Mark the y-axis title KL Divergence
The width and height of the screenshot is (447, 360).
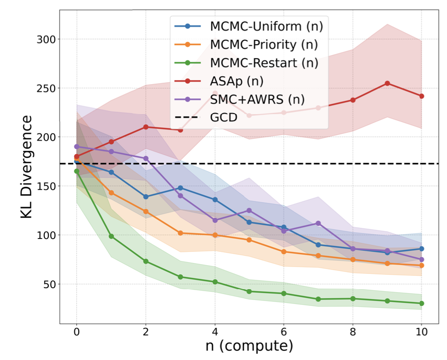[x=27, y=167]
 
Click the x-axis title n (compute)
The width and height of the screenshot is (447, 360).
[x=249, y=346]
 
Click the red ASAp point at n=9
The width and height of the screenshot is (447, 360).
[x=387, y=83]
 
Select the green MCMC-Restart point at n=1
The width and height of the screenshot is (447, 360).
[x=111, y=236]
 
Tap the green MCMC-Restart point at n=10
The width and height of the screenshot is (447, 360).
[x=421, y=303]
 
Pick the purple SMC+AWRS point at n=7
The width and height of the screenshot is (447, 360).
[x=318, y=223]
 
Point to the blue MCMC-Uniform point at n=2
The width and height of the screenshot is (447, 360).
[x=146, y=197]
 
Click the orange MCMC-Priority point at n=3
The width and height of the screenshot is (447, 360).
[x=180, y=233]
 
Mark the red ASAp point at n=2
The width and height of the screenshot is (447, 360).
[x=146, y=127]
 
